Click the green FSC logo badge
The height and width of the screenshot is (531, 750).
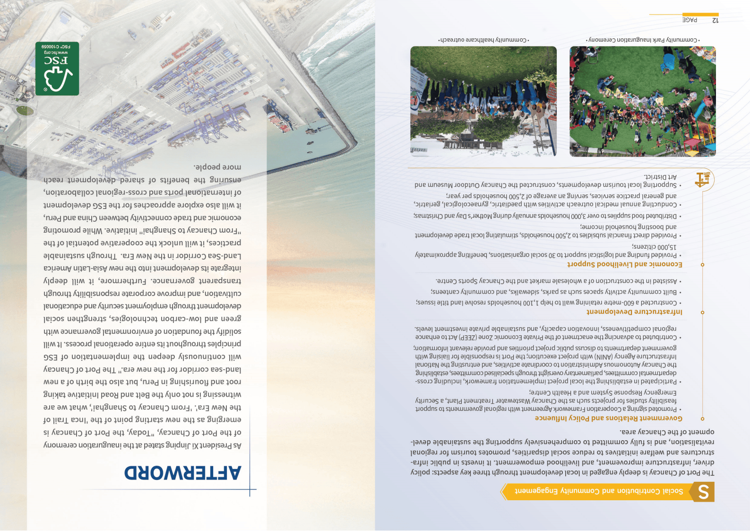57,69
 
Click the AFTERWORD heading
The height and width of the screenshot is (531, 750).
182,472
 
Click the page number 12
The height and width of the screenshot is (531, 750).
715,20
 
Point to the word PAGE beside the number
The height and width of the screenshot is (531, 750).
690,20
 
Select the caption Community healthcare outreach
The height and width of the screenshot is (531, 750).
483,40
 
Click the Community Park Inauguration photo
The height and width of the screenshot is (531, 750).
642,101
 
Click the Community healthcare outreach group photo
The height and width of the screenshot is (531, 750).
483,101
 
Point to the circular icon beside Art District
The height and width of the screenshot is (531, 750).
703,180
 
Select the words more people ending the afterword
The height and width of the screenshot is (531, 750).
217,167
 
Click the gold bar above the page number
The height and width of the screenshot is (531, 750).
700,15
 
